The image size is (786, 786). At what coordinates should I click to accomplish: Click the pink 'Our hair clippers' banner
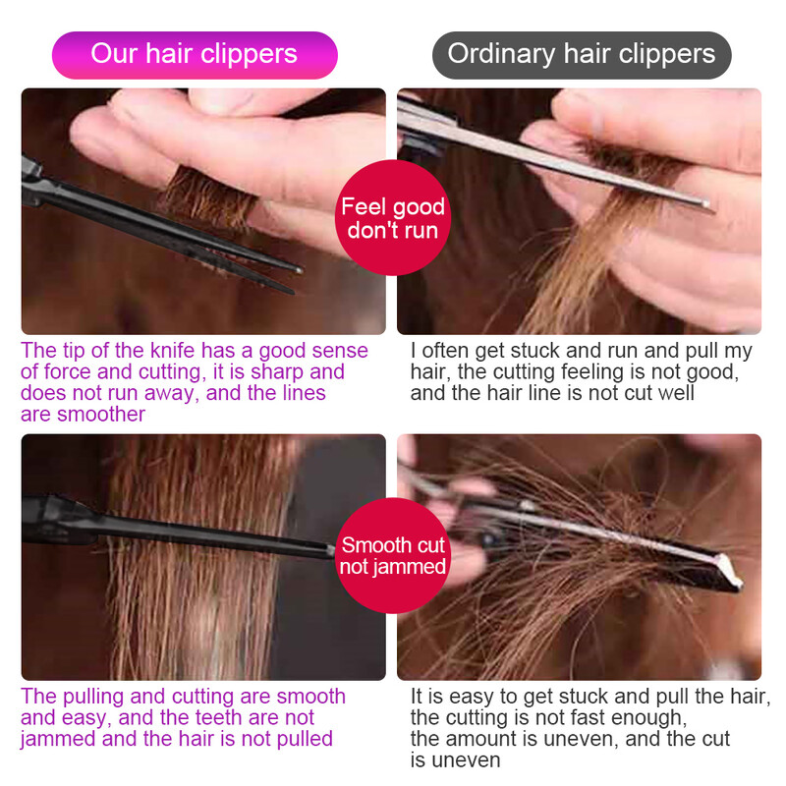[195, 54]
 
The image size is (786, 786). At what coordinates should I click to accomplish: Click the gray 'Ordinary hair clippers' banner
[582, 54]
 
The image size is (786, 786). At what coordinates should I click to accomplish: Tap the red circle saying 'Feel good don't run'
[393, 218]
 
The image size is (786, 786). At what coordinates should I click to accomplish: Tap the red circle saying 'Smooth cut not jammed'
[393, 555]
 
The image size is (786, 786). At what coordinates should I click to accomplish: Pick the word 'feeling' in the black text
[639, 372]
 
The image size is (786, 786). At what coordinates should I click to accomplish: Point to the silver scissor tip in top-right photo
[706, 204]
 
